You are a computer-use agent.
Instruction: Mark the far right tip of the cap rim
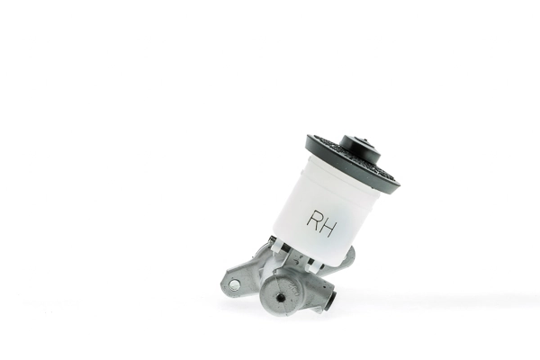(x=398, y=185)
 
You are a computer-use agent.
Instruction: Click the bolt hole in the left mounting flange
(x=234, y=284)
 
